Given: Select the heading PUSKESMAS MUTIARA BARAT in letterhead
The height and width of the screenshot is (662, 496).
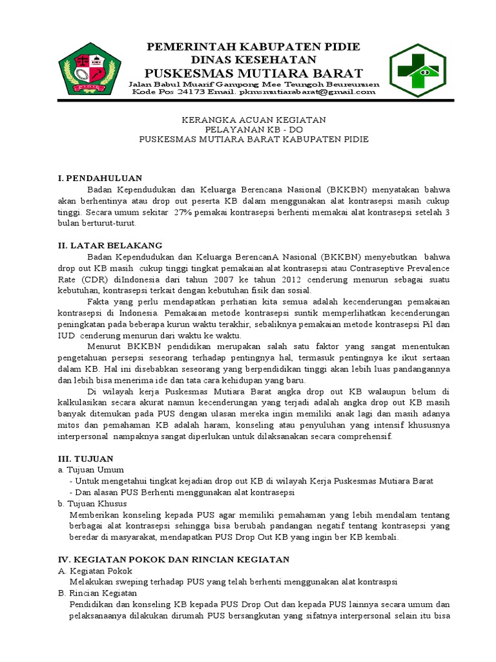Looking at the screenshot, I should click(254, 72).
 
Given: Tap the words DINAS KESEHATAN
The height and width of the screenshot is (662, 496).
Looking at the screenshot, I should click(254, 59).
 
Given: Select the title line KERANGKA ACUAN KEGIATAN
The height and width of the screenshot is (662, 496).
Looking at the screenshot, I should click(253, 120).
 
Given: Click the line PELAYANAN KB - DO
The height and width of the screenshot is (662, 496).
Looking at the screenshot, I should click(253, 130).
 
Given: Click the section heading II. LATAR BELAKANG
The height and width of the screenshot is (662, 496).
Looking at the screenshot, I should click(110, 245).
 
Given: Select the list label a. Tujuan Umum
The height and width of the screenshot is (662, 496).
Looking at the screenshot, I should click(90, 469).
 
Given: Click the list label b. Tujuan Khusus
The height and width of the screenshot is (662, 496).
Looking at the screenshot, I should click(92, 503).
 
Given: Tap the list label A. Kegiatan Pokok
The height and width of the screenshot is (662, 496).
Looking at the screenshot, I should click(95, 571).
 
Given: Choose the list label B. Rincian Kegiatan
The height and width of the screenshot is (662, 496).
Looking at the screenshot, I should click(98, 593).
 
